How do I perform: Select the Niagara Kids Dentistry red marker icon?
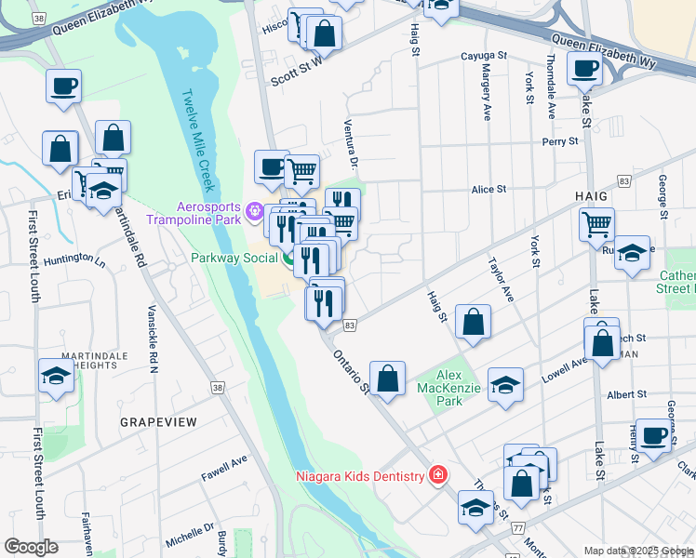pyautogui.click(x=437, y=476)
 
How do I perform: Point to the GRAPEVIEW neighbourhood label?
pyautogui.click(x=158, y=421)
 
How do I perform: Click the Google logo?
pyautogui.click(x=31, y=547)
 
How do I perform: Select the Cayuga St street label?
pyautogui.click(x=484, y=56)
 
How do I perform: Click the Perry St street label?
pyautogui.click(x=561, y=141)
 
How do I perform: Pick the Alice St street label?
pyautogui.click(x=489, y=189)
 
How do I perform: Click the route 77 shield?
pyautogui.click(x=516, y=526)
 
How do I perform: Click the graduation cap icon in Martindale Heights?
pyautogui.click(x=56, y=377)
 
